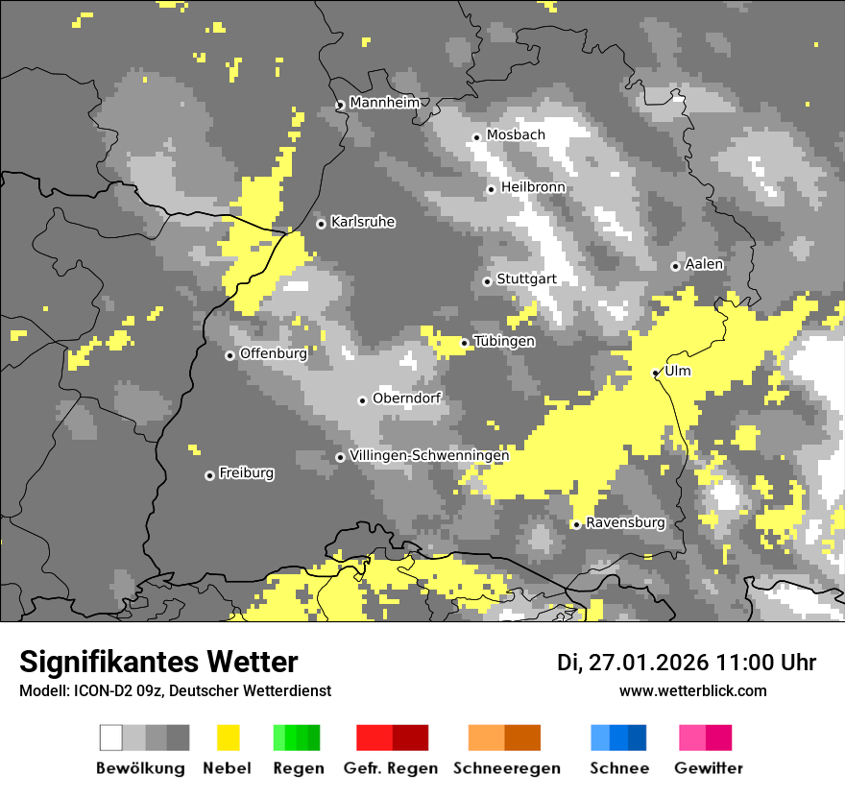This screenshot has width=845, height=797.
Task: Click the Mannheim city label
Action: point(384,103)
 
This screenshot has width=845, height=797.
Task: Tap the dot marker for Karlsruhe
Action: point(322,224)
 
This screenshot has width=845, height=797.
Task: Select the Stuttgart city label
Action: point(526,279)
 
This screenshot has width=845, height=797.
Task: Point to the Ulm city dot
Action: point(656,373)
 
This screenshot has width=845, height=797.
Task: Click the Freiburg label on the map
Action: point(246,473)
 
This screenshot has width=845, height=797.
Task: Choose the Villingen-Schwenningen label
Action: point(429,456)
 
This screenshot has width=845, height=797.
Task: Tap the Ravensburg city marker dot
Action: point(576,524)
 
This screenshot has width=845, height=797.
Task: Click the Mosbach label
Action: point(516,135)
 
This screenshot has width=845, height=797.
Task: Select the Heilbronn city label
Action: point(533,187)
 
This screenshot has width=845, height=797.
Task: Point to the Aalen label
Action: point(704,264)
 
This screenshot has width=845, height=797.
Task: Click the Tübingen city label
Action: point(504,342)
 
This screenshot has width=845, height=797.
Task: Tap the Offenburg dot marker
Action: point(229,355)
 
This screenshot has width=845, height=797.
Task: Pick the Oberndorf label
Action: point(406,398)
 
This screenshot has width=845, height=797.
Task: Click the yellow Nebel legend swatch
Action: point(228,737)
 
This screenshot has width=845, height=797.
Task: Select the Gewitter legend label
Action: point(709,768)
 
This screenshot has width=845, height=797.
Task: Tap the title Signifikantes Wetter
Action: point(158,663)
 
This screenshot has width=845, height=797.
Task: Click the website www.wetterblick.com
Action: point(692,691)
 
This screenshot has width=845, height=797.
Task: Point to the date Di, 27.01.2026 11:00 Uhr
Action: point(686,663)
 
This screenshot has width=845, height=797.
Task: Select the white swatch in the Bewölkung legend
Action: point(111,737)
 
